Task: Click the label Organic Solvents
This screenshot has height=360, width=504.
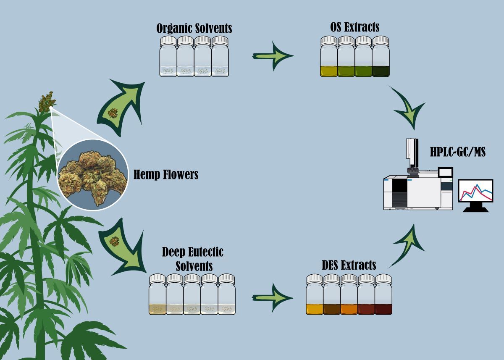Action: (194, 29)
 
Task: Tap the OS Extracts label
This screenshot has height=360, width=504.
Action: (354, 27)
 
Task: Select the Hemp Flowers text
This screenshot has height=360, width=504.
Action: (165, 174)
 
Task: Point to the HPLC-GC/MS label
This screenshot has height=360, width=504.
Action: (457, 152)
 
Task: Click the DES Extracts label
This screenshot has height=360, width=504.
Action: (349, 265)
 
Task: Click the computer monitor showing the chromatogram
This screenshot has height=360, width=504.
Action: (476, 194)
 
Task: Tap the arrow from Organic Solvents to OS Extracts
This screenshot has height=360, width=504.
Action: (273, 55)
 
